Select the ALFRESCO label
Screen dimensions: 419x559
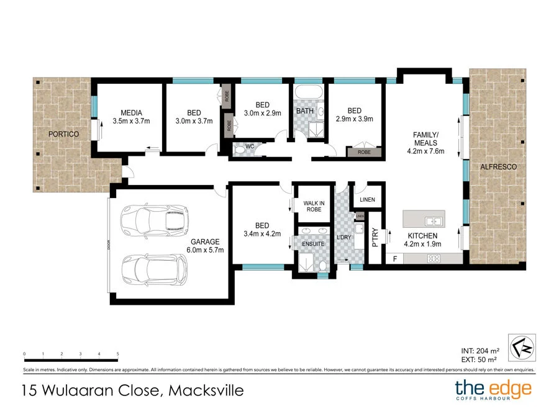coord(498,168)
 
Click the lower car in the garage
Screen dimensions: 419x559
coord(153,268)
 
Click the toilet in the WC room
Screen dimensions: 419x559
coord(239,149)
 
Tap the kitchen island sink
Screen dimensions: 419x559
coord(433,220)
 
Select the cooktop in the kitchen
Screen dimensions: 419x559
coord(434,258)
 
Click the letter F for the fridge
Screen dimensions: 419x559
coord(394,258)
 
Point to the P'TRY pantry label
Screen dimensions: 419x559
coord(375,238)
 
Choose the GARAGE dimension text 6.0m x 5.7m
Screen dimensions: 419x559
coord(206,250)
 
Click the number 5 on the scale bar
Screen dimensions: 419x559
coord(117,354)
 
